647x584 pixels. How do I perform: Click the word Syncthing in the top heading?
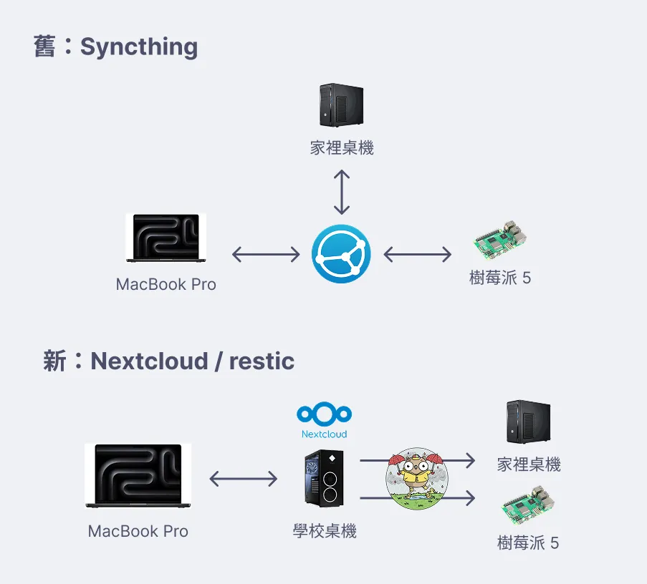click(139, 47)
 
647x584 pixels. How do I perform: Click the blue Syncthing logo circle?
click(341, 253)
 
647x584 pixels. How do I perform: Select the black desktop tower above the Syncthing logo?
click(341, 106)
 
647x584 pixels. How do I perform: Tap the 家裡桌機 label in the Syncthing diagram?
click(342, 148)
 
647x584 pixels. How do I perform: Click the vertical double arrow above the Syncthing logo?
click(342, 192)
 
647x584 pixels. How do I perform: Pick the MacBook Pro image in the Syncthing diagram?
click(166, 237)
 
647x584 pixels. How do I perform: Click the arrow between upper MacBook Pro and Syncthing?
click(266, 253)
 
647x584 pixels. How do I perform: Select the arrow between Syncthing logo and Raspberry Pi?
click(418, 253)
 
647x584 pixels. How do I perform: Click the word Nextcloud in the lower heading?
click(149, 361)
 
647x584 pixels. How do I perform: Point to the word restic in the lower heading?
click(262, 361)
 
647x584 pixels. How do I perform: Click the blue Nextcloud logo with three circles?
click(324, 414)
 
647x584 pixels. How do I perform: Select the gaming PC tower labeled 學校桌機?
click(324, 477)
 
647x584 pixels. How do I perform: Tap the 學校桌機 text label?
click(325, 531)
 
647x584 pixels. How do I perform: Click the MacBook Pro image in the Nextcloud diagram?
click(138, 475)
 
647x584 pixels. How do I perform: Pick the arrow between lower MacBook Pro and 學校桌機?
click(243, 478)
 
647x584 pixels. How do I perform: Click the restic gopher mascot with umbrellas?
click(416, 479)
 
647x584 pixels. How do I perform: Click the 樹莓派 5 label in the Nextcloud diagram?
click(528, 542)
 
